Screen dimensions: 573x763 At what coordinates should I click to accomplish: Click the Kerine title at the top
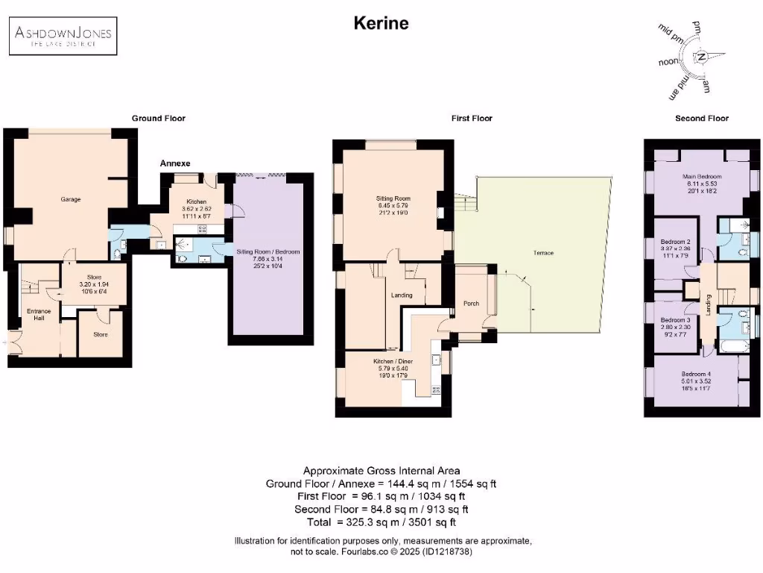click(381, 23)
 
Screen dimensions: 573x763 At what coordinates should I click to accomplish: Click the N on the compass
click(701, 57)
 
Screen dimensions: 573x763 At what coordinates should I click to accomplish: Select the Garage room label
click(71, 199)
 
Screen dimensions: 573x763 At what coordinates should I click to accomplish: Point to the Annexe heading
click(175, 163)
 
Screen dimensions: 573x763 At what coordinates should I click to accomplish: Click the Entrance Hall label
click(38, 314)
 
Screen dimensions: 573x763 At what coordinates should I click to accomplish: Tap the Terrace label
click(543, 253)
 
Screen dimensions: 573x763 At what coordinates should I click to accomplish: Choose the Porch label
click(471, 303)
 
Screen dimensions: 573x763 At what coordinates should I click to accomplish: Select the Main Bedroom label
click(700, 177)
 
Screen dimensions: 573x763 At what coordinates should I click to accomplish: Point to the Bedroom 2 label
click(675, 242)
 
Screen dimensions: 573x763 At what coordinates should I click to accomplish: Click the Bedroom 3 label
click(675, 320)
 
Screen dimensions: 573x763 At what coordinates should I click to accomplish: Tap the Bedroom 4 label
click(696, 375)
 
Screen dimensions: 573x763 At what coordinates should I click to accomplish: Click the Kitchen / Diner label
click(393, 360)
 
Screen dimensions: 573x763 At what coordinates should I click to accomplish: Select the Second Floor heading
click(701, 118)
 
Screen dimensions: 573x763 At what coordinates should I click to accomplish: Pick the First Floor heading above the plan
click(471, 118)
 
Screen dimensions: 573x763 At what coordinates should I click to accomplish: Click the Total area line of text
click(381, 522)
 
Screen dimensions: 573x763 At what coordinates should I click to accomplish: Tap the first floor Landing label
click(402, 295)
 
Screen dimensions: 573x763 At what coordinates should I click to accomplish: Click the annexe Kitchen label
click(186, 201)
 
